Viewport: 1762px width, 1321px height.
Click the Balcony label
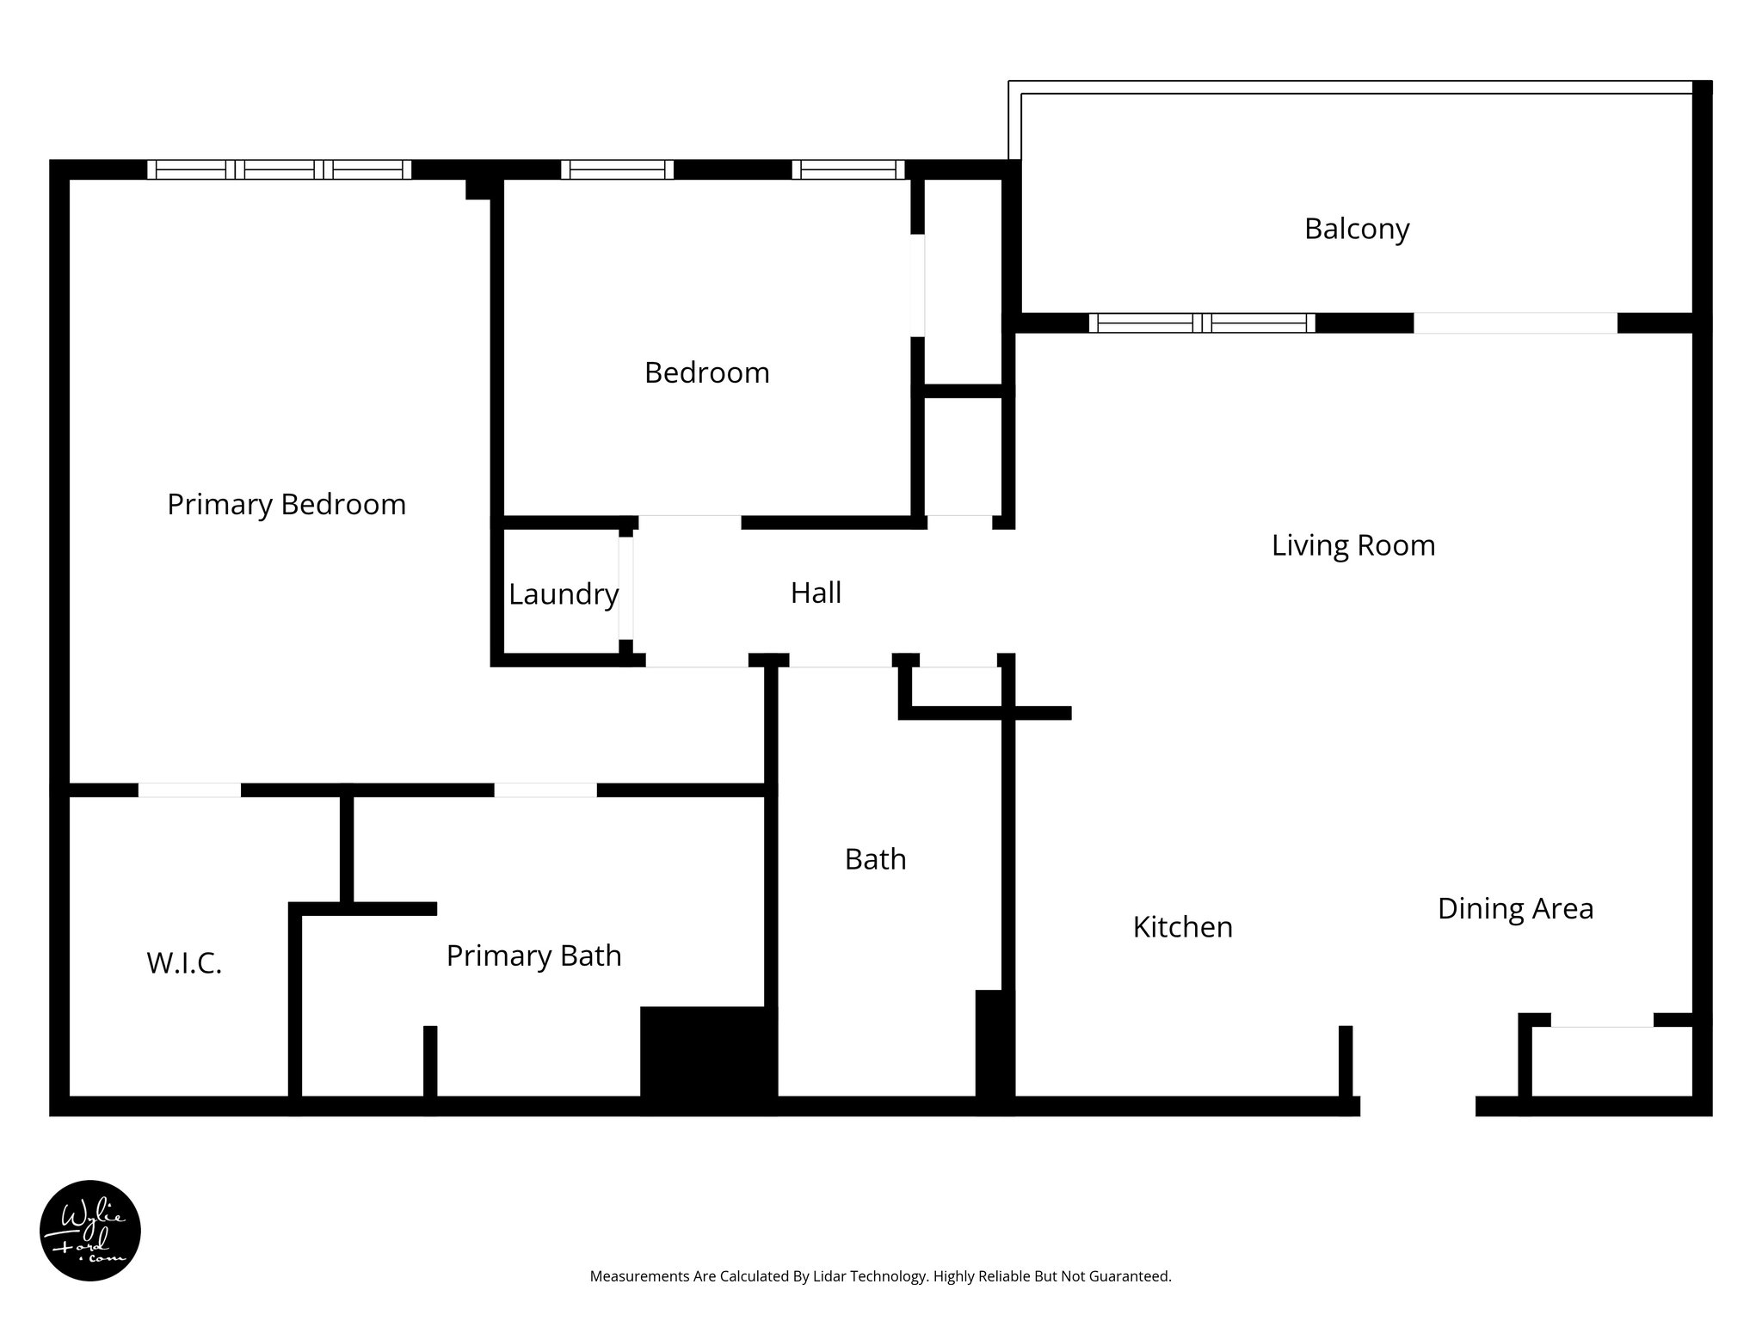[1356, 229]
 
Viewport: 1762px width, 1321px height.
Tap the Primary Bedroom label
[286, 504]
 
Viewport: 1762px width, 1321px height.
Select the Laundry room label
[563, 594]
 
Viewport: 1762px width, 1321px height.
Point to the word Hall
[816, 593]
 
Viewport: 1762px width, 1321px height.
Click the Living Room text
[1352, 545]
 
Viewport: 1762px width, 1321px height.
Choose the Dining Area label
[1515, 908]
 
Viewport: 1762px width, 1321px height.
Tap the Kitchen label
[1182, 926]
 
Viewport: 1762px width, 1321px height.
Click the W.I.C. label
[184, 963]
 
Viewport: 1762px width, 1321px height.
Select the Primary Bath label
[533, 955]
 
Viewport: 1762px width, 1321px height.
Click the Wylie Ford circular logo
[90, 1231]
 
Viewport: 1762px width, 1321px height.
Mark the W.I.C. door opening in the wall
[189, 790]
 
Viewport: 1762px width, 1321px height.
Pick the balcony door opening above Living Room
[1515, 323]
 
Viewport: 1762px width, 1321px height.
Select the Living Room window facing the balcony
[1202, 323]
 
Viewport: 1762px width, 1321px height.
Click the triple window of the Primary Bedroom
[279, 169]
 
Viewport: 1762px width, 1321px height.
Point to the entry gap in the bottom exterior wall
[1417, 1106]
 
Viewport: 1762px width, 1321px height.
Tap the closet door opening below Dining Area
[1601, 1021]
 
